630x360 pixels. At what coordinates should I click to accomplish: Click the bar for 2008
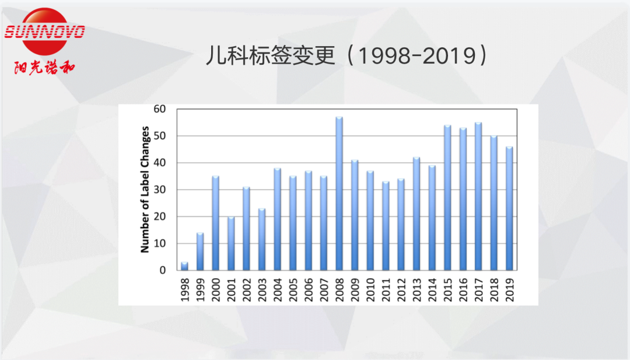[339, 194]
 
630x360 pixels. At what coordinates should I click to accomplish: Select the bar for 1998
[185, 266]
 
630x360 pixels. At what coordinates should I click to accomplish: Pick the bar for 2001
[231, 243]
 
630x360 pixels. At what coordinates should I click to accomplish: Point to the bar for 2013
[416, 214]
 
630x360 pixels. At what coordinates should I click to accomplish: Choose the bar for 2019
[509, 208]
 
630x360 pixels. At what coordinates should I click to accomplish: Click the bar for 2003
[262, 239]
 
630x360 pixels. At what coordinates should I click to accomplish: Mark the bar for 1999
[200, 251]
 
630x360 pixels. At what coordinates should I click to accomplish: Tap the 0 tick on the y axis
[163, 270]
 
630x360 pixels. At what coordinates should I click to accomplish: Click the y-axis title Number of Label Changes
[145, 189]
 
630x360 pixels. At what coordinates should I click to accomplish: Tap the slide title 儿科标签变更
[271, 56]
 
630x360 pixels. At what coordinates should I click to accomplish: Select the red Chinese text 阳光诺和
[44, 67]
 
